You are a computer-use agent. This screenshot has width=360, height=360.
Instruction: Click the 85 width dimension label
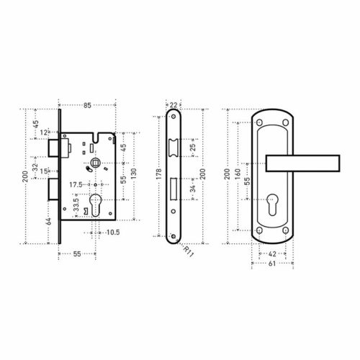(x=87, y=105)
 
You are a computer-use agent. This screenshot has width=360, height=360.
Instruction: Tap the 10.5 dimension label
(x=113, y=233)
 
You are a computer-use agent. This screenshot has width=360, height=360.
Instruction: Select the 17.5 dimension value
(x=76, y=185)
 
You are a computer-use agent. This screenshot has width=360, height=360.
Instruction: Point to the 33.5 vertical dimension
(x=76, y=204)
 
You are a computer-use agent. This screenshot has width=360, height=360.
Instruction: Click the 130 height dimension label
(x=134, y=174)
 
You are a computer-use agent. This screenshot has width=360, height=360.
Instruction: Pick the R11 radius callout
(x=188, y=251)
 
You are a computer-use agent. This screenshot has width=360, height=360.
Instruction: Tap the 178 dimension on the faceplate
(x=159, y=174)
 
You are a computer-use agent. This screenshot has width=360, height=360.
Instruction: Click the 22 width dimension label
(x=174, y=105)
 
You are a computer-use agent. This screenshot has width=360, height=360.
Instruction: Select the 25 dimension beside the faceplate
(x=193, y=147)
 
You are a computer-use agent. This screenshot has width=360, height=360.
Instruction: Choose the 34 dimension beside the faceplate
(x=193, y=189)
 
